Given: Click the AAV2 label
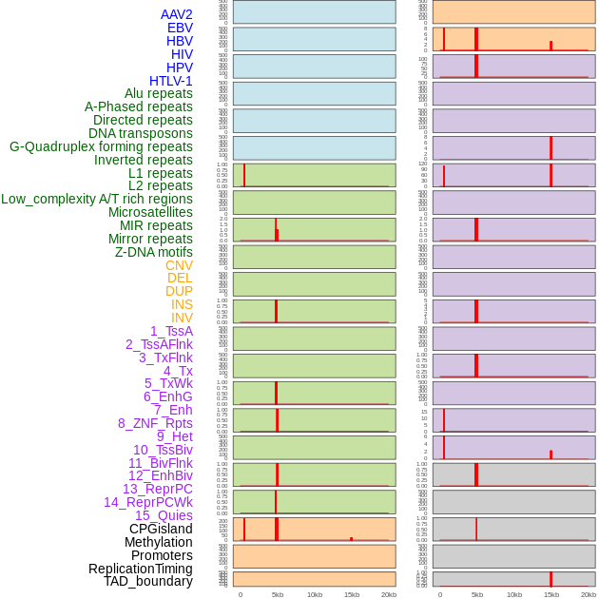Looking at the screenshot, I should (x=176, y=14).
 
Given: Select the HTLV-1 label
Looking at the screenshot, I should (x=170, y=81).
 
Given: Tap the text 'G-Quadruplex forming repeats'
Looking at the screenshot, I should (x=101, y=146).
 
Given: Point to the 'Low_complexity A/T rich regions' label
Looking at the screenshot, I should (x=97, y=199).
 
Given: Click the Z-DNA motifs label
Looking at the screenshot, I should (x=154, y=252).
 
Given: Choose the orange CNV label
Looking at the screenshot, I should (x=179, y=265).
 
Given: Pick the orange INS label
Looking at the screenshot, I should (x=182, y=304).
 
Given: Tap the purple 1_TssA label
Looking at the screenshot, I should (x=171, y=331).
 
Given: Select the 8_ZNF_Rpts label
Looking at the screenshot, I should (x=155, y=423).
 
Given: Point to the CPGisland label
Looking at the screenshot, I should (x=161, y=529).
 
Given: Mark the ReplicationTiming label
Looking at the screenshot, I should (x=140, y=569).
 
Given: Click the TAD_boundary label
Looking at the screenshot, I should (x=147, y=581).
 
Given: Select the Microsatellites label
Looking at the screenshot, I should (x=150, y=212).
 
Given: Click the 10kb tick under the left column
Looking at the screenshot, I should (x=315, y=594).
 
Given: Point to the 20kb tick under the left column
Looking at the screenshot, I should (x=389, y=594).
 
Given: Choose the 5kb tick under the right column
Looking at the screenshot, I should (x=477, y=594).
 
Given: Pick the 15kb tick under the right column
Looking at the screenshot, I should (x=551, y=594).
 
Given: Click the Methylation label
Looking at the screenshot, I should (x=159, y=542).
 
